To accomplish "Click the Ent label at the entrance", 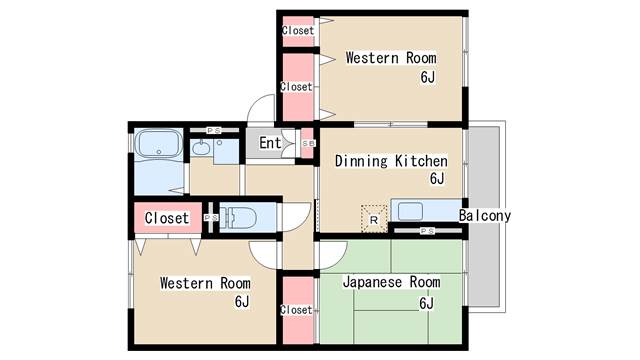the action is pos(270,143).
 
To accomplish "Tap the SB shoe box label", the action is pos(309,144).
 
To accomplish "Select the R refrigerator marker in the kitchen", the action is pos(374,220).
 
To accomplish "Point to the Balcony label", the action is pos(484,216).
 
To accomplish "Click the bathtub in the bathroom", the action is pos(159,143).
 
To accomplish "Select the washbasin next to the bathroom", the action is pos(200,148).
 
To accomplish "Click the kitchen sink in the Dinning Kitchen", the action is pos(410,211).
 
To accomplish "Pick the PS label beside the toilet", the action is pos(211,218).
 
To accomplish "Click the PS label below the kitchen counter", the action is pos(427,231).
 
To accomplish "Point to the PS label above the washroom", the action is pos(214,131).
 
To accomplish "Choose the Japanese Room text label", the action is pos(391,282).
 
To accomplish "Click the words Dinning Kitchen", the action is pos(391,161).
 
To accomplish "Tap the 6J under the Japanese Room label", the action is pos(427,303).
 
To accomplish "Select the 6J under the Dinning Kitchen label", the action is pos(437,178).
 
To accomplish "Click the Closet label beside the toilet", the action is pos(167,218).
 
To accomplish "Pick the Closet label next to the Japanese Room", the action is pos(296,310).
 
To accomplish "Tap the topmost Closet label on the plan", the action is pos(298,31).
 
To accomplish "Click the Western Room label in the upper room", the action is pos(391,58).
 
